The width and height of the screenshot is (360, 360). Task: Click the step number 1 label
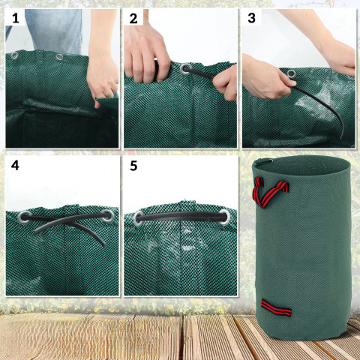(x=16, y=19)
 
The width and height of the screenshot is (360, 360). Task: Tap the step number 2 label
(x=133, y=19)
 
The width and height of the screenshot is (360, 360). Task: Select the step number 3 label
(x=251, y=18)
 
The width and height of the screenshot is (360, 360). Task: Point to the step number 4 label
(x=15, y=165)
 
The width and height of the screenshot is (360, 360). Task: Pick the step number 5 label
(x=133, y=166)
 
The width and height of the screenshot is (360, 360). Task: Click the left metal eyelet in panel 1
(x=14, y=55)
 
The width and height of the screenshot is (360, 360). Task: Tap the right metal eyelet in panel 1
(x=59, y=57)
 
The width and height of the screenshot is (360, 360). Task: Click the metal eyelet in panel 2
(x=186, y=70)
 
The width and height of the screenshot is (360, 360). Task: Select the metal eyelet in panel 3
(x=291, y=73)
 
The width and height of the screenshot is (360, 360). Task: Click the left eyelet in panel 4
(x=25, y=217)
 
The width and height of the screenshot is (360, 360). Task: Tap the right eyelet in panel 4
(x=107, y=216)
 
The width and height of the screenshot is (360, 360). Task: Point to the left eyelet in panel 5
(x=139, y=218)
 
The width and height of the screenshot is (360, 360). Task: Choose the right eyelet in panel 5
(x=225, y=217)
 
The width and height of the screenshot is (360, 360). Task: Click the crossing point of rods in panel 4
(x=65, y=220)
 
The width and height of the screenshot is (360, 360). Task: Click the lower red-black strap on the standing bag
(x=276, y=307)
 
